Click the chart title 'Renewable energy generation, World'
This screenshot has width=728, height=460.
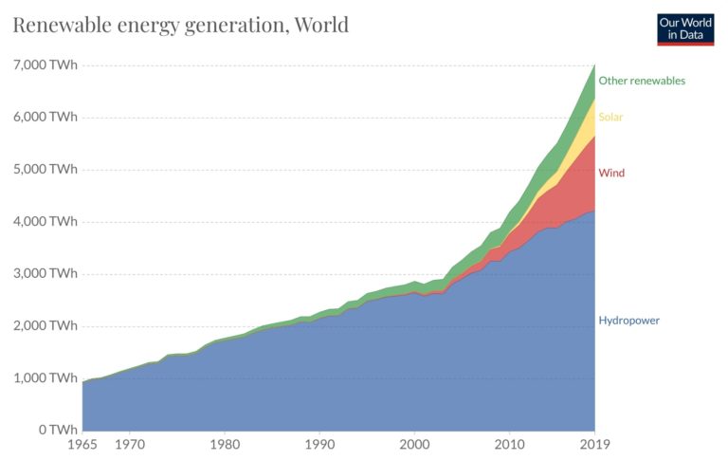180,24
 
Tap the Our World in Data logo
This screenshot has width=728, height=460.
685,28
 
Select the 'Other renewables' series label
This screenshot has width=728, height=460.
642,81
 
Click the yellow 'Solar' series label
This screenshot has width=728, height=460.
610,118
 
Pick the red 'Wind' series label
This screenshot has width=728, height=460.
611,174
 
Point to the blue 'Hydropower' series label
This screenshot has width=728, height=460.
628,321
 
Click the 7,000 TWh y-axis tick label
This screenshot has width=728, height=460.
45,65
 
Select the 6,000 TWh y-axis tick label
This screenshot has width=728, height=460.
45,118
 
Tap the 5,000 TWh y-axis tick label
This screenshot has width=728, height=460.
45,170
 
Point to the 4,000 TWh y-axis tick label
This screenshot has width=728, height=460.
45,222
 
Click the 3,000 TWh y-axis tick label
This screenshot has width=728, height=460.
45,274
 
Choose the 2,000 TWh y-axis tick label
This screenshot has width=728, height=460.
45,326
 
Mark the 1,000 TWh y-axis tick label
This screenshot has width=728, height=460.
45,378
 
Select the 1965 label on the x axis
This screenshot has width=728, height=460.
82,443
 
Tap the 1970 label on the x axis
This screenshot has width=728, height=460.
130,443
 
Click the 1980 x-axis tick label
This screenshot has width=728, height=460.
225,443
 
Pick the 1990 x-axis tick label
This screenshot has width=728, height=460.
319,443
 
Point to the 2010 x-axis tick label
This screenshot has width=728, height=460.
510,443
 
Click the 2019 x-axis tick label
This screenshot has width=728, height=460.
594,443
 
